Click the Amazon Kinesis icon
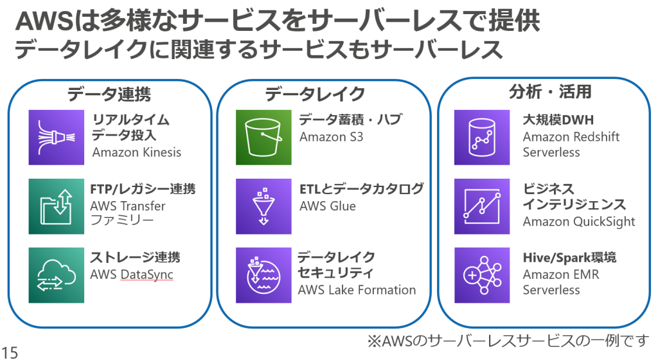click(x=57, y=137)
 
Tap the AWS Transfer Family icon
click(x=57, y=206)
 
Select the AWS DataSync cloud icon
click(x=57, y=275)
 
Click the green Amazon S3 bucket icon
click(x=263, y=137)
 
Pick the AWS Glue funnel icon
click(x=263, y=206)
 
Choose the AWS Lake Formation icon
click(x=263, y=275)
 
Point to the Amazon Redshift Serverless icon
click(x=482, y=137)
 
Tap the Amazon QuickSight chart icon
click(x=482, y=206)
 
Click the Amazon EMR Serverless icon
click(x=482, y=275)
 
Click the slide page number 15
click(x=10, y=352)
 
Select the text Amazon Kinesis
click(x=137, y=152)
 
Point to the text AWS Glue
click(x=328, y=206)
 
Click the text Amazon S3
click(x=331, y=137)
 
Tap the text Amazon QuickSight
click(x=579, y=222)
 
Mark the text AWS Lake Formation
click(x=357, y=290)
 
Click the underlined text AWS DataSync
click(x=132, y=275)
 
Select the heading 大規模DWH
click(x=558, y=120)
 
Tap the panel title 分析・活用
click(x=550, y=91)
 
